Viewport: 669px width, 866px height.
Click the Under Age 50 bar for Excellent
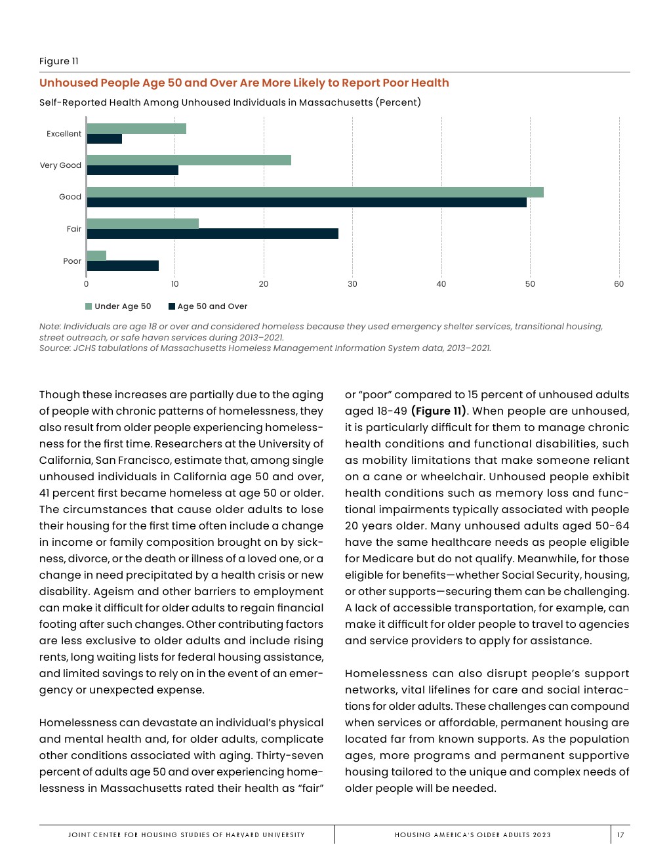(136, 129)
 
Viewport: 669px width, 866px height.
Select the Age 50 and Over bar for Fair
(213, 234)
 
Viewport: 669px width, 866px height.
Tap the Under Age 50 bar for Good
(315, 192)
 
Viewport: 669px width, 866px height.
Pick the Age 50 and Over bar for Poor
(123, 266)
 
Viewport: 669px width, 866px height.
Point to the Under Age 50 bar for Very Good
(189, 160)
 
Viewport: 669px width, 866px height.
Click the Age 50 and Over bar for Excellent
(104, 139)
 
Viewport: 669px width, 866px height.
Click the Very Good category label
(60, 165)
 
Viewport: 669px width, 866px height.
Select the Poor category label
(72, 261)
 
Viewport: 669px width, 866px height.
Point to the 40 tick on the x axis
(441, 284)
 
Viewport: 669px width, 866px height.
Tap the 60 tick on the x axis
(618, 284)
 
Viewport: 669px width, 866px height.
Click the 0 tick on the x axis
(87, 284)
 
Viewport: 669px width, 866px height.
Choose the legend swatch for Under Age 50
(89, 306)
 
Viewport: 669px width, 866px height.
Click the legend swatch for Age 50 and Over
(172, 306)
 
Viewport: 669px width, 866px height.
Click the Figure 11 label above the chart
(59, 61)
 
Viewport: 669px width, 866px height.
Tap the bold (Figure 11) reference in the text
(439, 411)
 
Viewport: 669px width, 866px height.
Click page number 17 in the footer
(620, 835)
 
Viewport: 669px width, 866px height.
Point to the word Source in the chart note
(54, 348)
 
